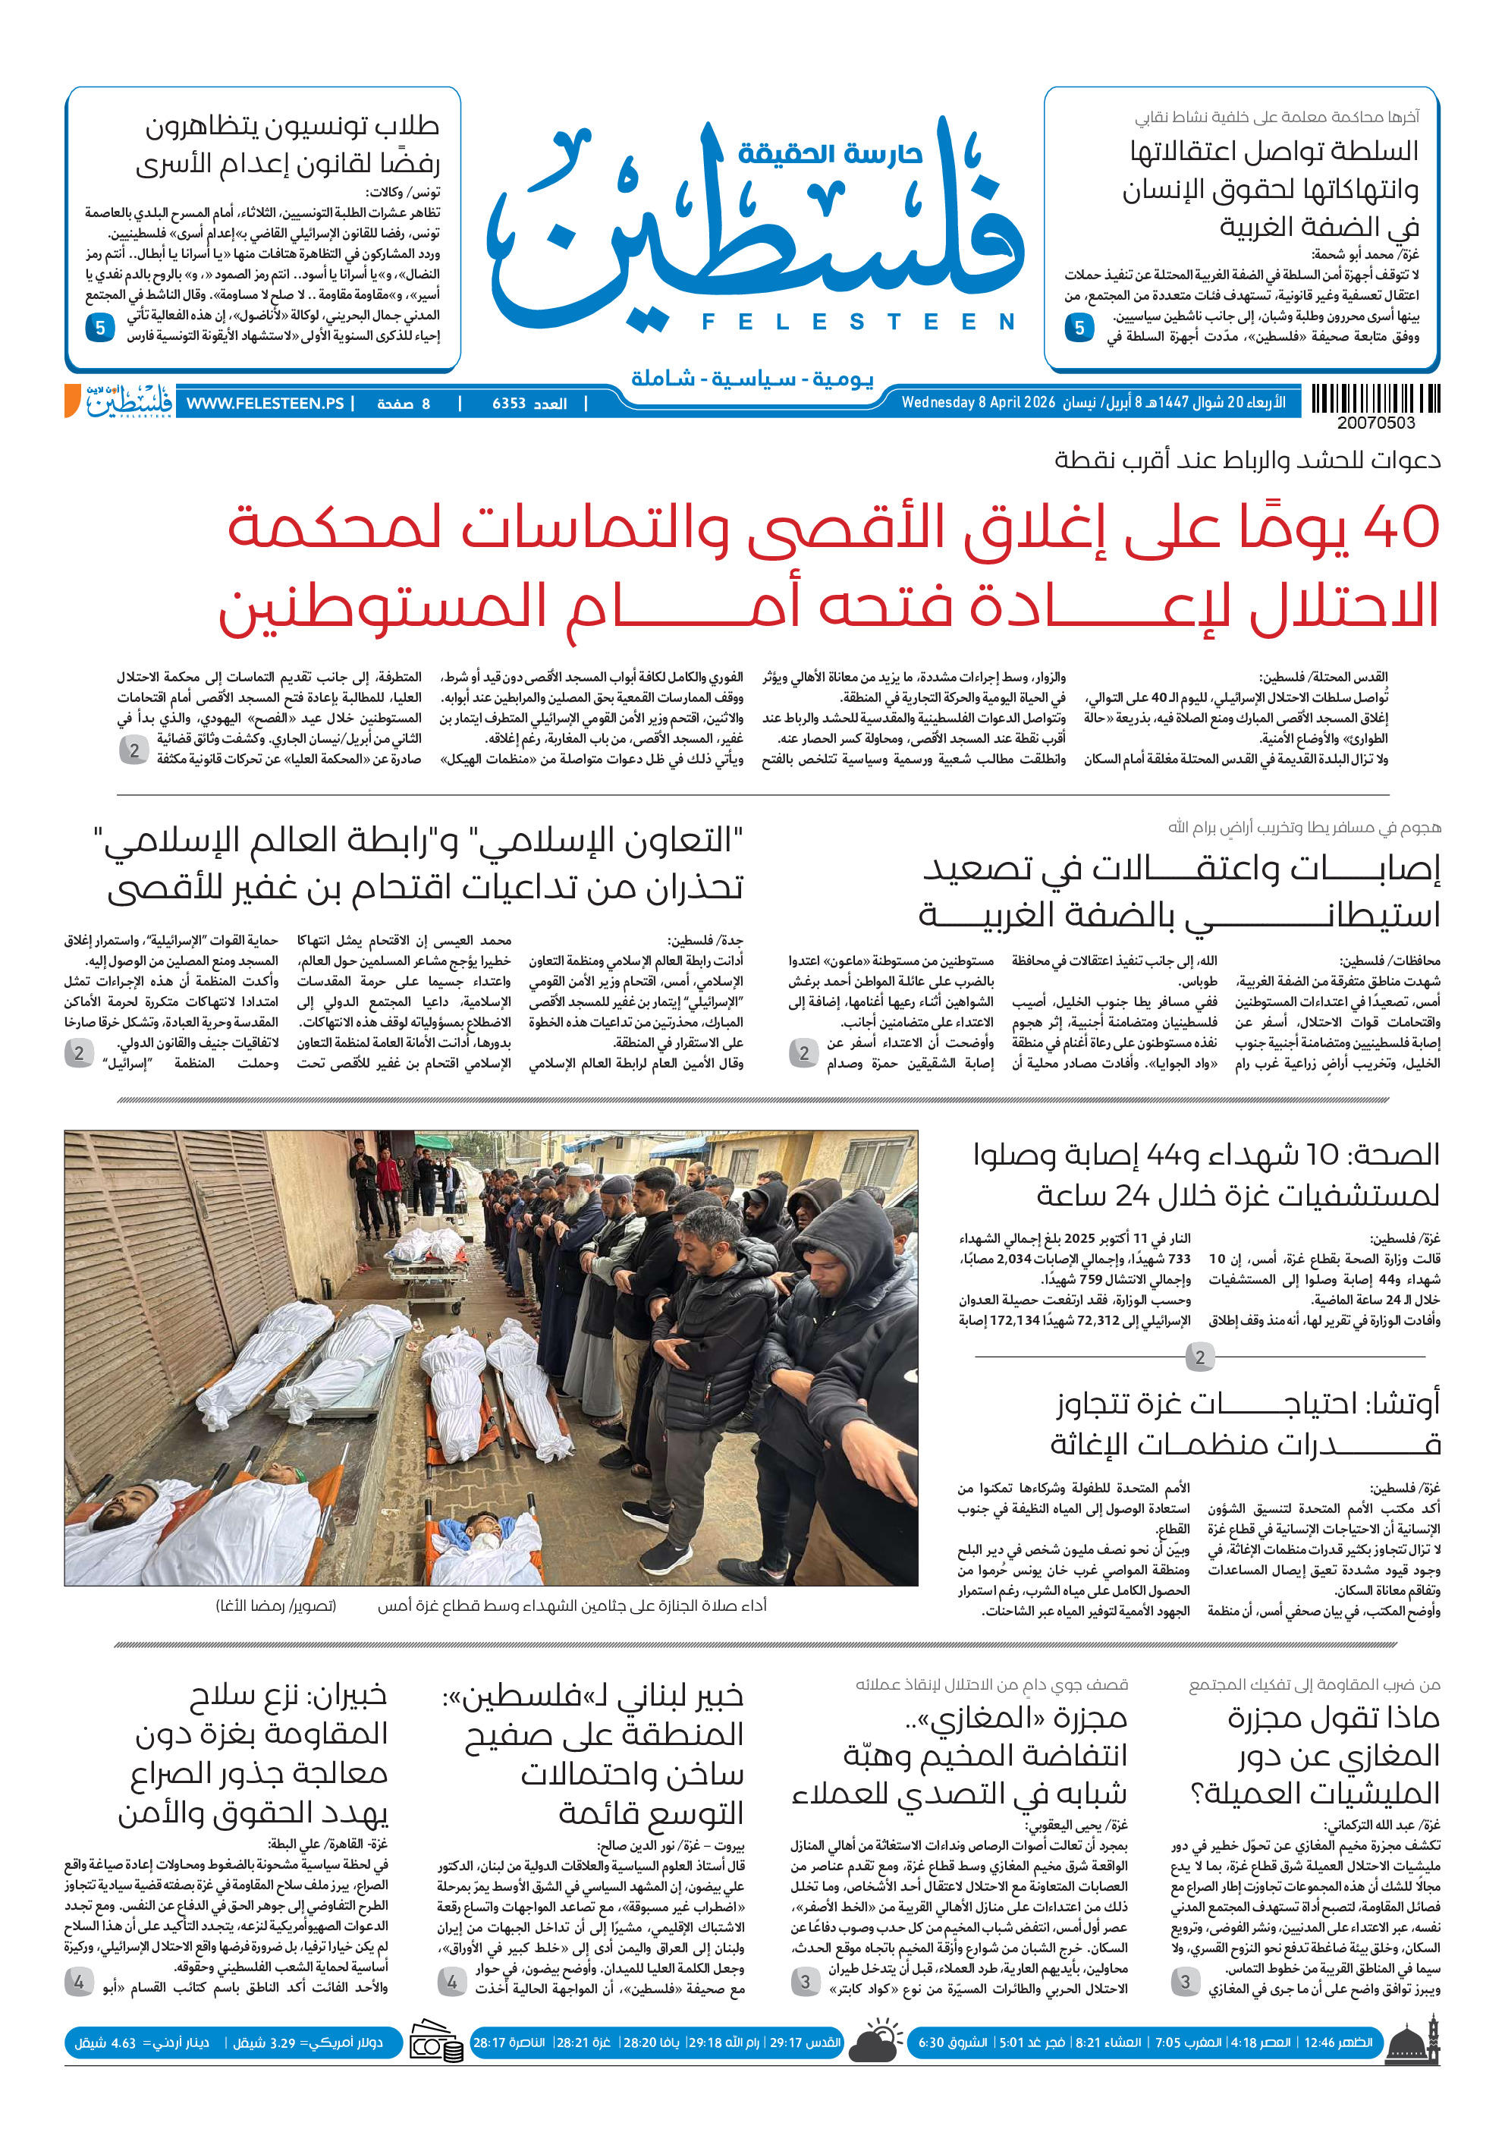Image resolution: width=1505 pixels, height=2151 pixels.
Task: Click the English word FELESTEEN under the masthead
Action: click(858, 322)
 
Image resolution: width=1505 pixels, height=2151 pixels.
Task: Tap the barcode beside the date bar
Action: click(1375, 399)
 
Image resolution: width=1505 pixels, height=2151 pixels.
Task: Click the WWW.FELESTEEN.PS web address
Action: click(265, 404)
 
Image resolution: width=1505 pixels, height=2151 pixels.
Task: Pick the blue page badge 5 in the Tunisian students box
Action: click(100, 328)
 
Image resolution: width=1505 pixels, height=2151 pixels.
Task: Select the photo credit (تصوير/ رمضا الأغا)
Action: click(276, 1605)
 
